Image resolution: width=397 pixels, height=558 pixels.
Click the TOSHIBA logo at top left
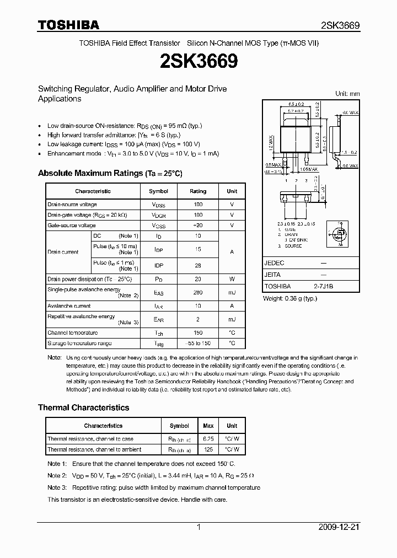pyautogui.click(x=68, y=25)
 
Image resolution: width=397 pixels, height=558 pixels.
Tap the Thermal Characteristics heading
pyautogui.click(x=83, y=407)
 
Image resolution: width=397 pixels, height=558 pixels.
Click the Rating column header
pyautogui.click(x=198, y=191)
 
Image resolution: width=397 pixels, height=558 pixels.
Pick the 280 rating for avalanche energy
pyautogui.click(x=198, y=292)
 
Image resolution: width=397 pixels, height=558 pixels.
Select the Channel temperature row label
pyautogui.click(x=72, y=332)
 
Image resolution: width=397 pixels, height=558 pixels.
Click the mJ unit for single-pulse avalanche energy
pyautogui.click(x=232, y=292)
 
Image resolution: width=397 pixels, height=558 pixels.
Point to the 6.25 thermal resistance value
pyautogui.click(x=208, y=439)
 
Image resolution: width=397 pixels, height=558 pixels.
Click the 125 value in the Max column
pyautogui.click(x=208, y=449)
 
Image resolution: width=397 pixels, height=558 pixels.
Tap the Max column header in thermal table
pyautogui.click(x=208, y=426)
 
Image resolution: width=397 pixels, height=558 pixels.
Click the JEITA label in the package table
pyautogui.click(x=272, y=275)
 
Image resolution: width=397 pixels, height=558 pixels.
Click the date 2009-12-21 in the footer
pyautogui.click(x=339, y=528)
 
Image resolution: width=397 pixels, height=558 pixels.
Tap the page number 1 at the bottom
pyautogui.click(x=198, y=528)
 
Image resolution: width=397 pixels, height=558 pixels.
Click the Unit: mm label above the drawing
pyautogui.click(x=347, y=94)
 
